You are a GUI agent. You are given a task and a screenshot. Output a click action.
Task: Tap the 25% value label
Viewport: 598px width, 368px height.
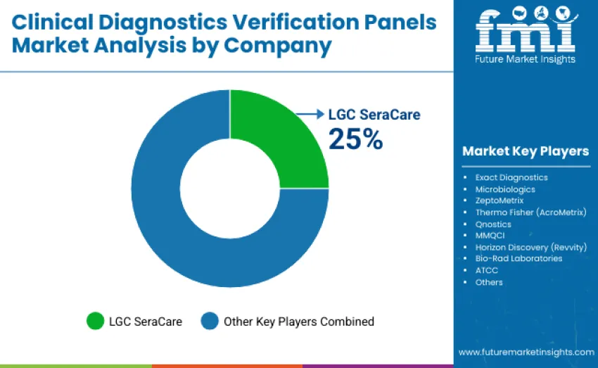(356, 139)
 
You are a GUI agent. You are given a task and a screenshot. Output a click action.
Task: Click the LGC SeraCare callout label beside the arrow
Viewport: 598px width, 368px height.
(374, 114)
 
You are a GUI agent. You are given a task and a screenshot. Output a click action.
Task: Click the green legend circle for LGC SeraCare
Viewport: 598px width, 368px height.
(94, 322)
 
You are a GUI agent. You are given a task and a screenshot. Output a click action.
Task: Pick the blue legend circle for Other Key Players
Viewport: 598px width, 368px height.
(210, 322)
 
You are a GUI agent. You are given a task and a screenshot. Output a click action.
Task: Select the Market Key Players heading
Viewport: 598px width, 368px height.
(526, 151)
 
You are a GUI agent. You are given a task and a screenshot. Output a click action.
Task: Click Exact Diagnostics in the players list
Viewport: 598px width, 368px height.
(511, 177)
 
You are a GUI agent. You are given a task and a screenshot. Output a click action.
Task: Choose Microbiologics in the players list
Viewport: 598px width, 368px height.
(505, 189)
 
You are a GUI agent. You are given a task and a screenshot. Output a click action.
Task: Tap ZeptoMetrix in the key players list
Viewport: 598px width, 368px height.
(500, 201)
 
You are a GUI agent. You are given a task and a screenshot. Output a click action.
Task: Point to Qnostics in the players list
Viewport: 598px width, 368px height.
(493, 224)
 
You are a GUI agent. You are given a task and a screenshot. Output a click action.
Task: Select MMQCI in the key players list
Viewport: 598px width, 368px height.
(490, 235)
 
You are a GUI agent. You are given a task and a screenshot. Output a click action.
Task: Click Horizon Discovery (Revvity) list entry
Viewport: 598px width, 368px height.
(530, 247)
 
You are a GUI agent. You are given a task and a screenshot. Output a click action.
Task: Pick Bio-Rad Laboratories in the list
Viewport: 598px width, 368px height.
(519, 258)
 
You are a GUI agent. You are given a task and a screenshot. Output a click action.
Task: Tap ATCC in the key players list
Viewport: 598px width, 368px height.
(487, 270)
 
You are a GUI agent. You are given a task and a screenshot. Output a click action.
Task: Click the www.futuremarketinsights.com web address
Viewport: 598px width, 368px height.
(526, 352)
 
